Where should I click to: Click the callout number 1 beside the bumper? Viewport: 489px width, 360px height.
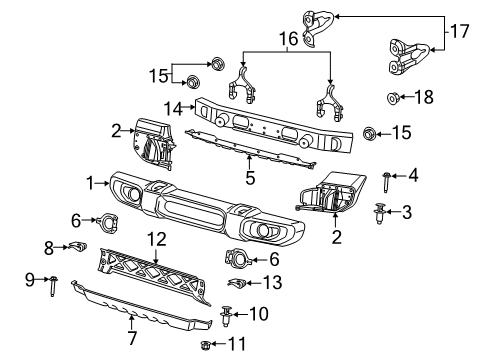coord(90,183)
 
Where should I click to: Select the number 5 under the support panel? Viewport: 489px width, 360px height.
coord(250,178)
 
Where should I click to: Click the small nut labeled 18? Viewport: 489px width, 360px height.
coord(393,99)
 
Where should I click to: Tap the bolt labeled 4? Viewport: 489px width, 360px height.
coord(387,178)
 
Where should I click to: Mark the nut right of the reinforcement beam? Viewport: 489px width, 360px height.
coord(368,132)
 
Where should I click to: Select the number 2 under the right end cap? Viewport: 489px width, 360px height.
coord(336,238)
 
